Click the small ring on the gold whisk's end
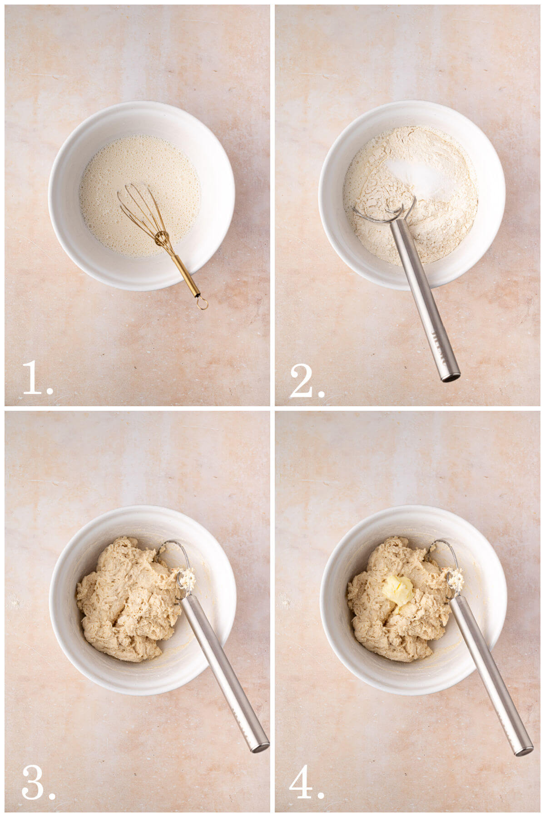tap(202, 303)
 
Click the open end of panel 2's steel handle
tap(450, 376)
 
